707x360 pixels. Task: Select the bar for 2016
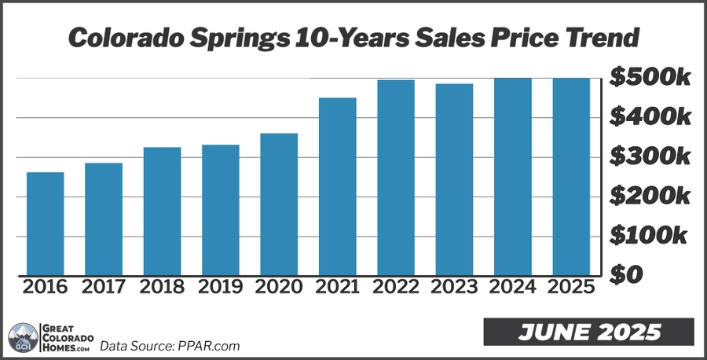coord(45,223)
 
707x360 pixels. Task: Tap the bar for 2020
coord(279,204)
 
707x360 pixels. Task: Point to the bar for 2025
coord(571,176)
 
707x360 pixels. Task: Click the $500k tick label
coord(650,78)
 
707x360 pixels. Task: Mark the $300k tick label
coord(650,156)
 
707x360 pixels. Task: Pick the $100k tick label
coord(650,235)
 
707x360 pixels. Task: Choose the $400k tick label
coord(650,117)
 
